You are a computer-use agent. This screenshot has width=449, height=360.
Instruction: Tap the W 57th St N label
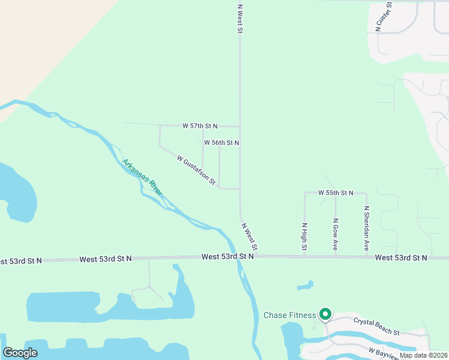(200, 126)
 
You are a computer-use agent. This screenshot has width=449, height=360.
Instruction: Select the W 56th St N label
(221, 143)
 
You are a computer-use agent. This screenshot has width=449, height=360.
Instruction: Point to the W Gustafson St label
(196, 170)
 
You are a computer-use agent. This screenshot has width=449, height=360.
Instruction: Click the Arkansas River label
(142, 177)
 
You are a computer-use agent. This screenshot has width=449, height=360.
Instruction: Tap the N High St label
(304, 236)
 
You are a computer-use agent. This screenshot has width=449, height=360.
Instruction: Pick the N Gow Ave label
(336, 234)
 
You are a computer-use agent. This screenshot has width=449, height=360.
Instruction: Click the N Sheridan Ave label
(366, 229)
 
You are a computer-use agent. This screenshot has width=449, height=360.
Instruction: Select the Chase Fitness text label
(289, 316)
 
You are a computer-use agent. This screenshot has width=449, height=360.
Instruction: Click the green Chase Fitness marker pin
(325, 314)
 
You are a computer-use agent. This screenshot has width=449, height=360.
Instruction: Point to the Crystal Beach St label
(376, 326)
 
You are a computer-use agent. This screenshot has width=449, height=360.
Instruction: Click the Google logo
(20, 353)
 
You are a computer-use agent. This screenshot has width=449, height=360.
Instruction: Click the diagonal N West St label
(250, 237)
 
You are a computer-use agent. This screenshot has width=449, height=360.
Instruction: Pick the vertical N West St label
(240, 19)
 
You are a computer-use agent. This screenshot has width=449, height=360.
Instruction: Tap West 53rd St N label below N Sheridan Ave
(401, 257)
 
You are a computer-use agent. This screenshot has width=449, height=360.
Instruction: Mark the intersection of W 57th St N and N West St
(240, 127)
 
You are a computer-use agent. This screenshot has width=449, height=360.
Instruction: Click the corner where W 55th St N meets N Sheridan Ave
(366, 193)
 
